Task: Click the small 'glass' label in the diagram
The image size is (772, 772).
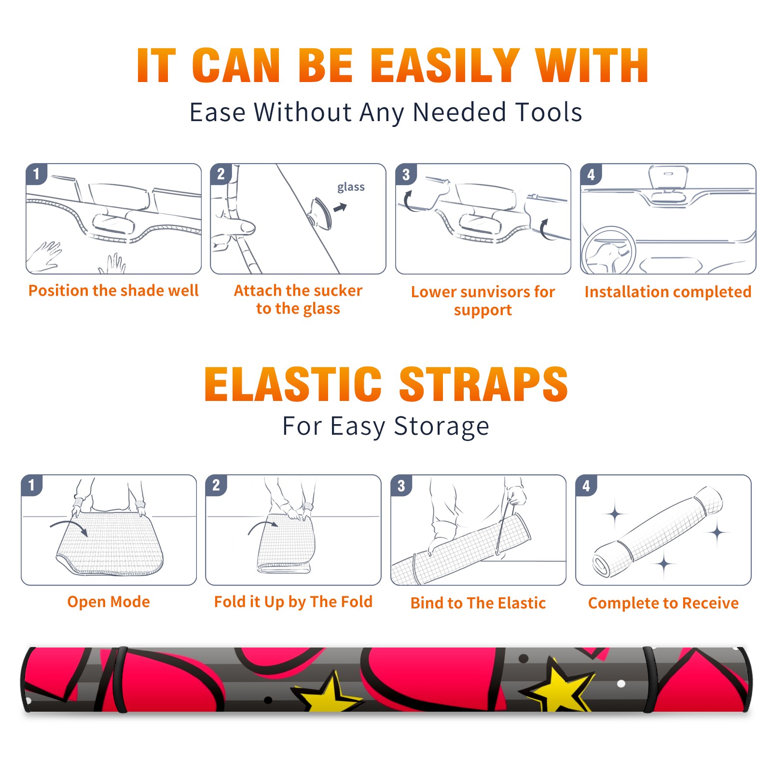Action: coord(351,187)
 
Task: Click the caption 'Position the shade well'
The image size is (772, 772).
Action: coord(113,290)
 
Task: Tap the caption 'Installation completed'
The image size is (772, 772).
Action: coord(668,291)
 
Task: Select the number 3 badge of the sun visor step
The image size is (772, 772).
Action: coord(406,174)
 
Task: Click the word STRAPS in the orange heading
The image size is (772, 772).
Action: coord(483,384)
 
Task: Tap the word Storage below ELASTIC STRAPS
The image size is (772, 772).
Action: coord(441,427)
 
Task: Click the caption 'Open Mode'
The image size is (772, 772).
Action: coord(109,602)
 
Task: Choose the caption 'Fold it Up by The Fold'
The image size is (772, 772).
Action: coord(293,602)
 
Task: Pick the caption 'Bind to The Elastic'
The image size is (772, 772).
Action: coord(478,603)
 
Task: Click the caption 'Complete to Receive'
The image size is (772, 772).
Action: coord(663,603)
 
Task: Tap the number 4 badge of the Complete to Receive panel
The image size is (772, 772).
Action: coord(586,485)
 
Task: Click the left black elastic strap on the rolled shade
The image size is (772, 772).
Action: coord(121,679)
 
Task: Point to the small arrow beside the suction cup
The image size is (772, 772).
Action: coord(340,207)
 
